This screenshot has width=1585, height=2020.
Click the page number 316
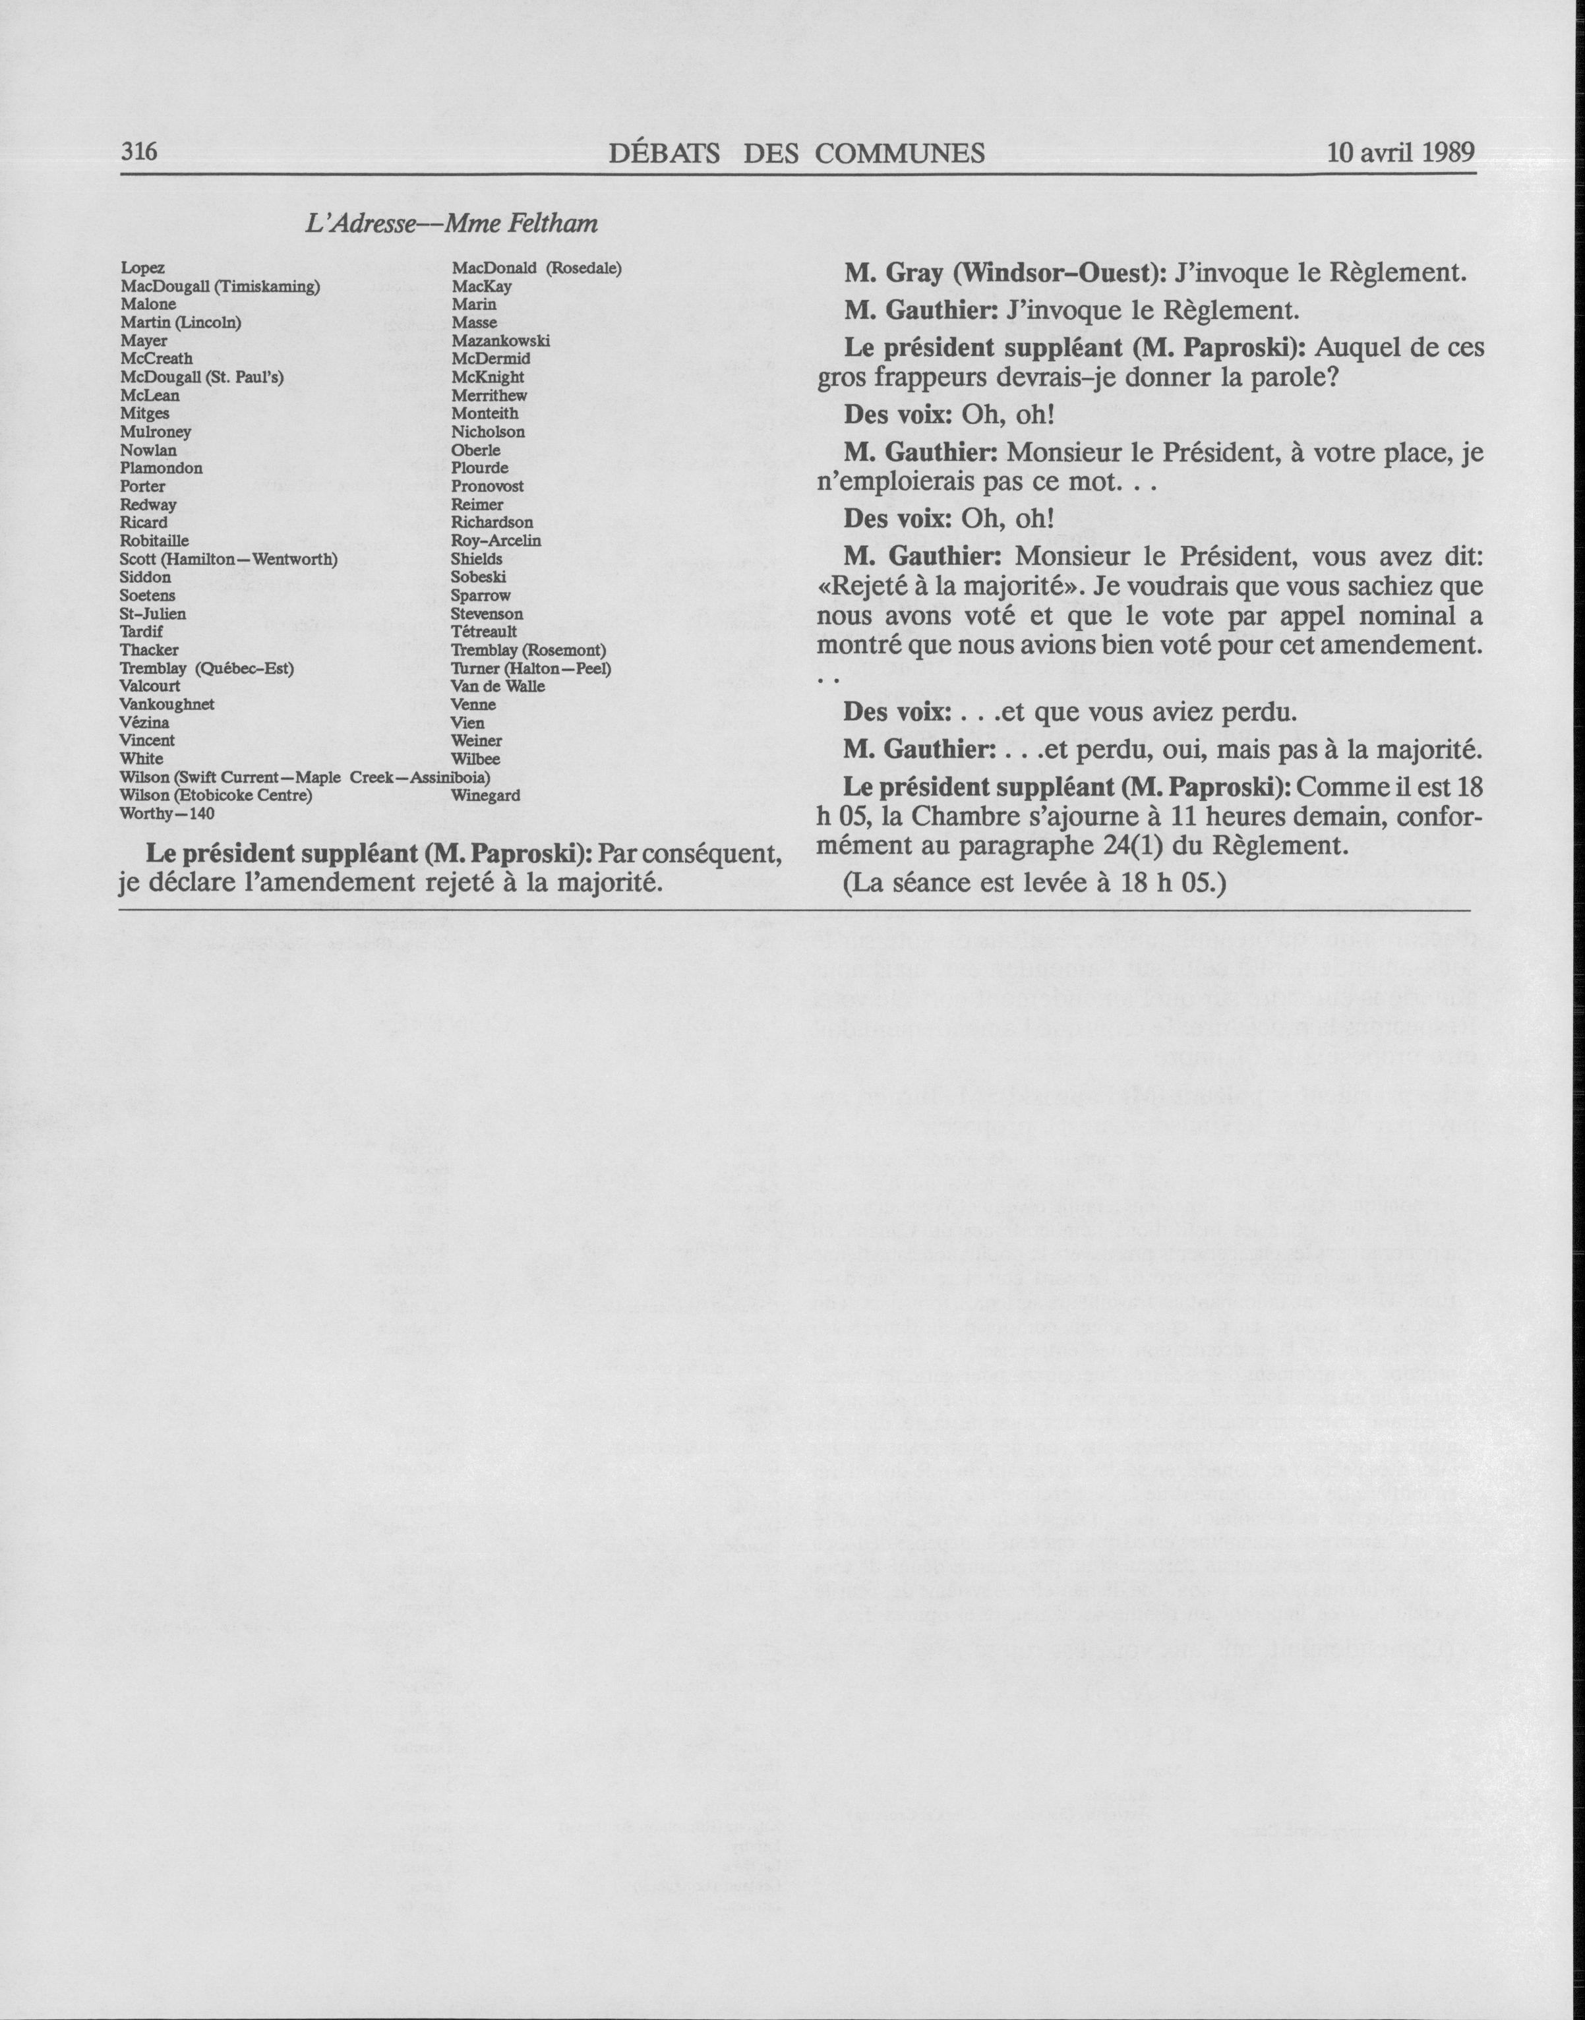(x=140, y=152)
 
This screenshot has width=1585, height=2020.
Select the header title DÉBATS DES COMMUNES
(x=796, y=153)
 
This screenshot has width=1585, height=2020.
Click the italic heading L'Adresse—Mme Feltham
(x=451, y=223)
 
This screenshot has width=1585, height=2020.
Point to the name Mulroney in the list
(x=156, y=431)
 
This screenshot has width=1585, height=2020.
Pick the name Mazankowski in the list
(x=500, y=341)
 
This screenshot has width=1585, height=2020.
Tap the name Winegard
(x=485, y=795)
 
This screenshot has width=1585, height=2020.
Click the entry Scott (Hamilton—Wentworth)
(x=228, y=558)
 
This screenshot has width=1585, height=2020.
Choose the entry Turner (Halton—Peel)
(x=531, y=668)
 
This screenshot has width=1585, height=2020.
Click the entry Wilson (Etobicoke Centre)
(x=216, y=795)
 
